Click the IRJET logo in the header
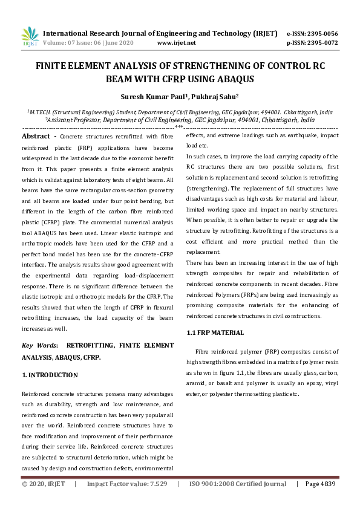click(x=30, y=36)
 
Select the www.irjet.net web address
click(x=176, y=43)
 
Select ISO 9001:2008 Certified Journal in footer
click(x=238, y=484)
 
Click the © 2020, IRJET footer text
click(x=44, y=484)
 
